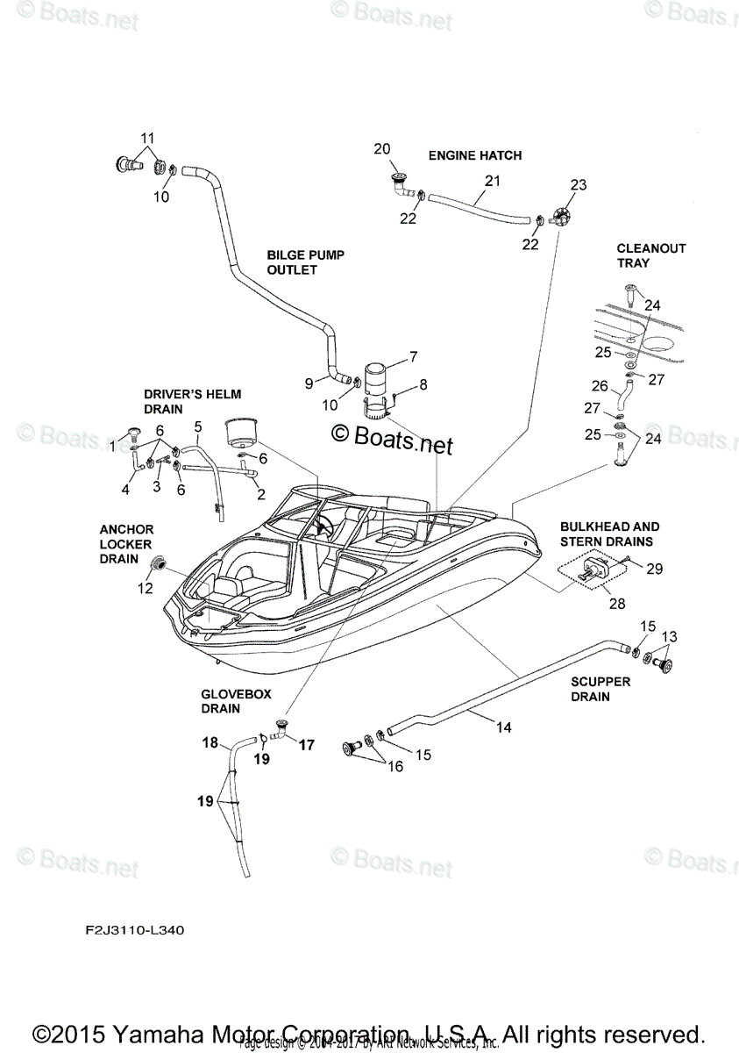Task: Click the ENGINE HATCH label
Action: pos(474,155)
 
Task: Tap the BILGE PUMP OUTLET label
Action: pos(293,262)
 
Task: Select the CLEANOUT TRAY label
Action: pos(650,255)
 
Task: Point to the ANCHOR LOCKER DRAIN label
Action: pos(126,544)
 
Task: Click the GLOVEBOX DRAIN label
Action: pos(236,700)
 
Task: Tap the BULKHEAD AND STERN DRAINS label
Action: pos(606,534)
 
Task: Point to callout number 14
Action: pos(503,727)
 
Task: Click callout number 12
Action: pos(145,589)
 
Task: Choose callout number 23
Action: pos(578,185)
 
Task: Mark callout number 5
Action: pos(198,426)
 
